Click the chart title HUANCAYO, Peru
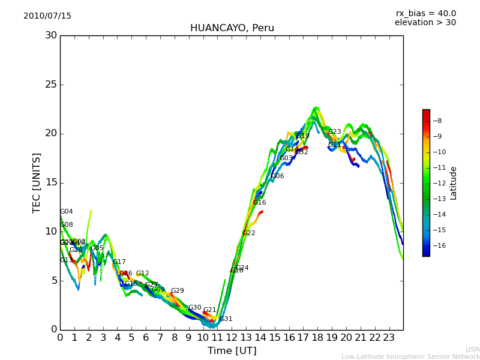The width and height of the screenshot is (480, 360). pos(232,28)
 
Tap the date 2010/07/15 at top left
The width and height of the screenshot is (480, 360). pos(47,16)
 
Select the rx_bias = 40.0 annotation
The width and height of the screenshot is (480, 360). pos(425,14)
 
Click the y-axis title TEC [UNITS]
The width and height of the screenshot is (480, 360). pos(37,182)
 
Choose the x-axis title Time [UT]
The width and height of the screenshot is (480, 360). pos(232,351)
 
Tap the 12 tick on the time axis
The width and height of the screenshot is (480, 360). pos(232,338)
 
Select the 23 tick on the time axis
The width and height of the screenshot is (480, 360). pos(389,338)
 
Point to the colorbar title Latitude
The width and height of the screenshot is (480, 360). pos(454,183)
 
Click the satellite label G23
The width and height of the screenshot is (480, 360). pos(334,132)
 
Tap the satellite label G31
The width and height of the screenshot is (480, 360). pos(226,319)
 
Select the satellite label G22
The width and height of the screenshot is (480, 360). pos(249,233)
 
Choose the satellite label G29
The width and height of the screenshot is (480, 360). pos(178,291)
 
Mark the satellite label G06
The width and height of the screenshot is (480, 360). pos(278,176)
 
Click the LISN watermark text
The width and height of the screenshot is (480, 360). pos(472,349)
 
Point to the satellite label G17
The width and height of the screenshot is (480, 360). pos(119,262)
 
